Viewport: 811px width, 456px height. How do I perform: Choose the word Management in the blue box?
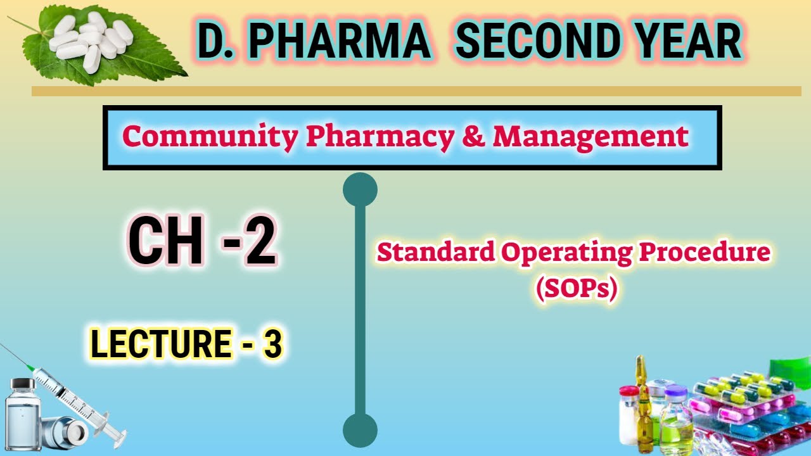click(591, 137)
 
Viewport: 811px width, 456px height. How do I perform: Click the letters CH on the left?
click(166, 243)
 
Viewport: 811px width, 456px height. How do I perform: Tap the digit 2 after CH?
click(260, 243)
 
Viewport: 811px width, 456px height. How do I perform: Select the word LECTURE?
click(160, 345)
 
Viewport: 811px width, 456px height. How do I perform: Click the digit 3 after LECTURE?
click(272, 345)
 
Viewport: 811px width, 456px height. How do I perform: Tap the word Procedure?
click(705, 253)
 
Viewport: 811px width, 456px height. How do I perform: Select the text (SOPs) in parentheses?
click(575, 289)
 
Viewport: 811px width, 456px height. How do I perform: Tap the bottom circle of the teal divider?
click(360, 431)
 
